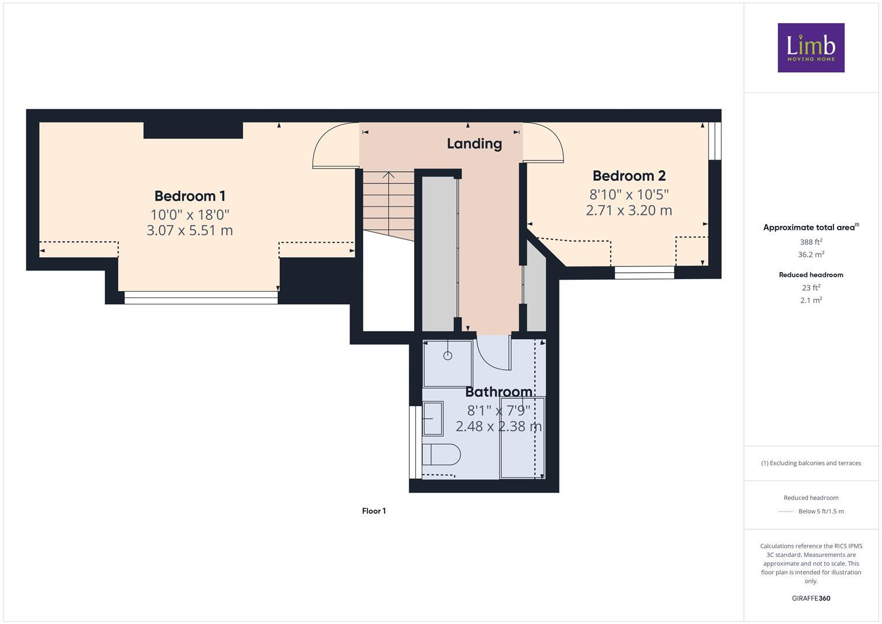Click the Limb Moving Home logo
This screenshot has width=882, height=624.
810,48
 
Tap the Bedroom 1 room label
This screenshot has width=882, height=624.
189,196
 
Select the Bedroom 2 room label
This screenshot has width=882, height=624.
629,176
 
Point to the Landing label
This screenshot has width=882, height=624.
474,143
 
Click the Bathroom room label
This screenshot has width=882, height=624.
498,392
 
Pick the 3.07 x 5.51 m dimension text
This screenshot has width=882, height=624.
189,231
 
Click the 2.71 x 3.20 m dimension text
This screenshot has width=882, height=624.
629,210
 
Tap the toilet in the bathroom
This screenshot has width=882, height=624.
440,454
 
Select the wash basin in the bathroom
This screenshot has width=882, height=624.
433,419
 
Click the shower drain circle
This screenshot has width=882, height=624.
448,356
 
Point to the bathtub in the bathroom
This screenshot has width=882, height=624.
522,437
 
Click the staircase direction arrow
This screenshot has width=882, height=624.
389,175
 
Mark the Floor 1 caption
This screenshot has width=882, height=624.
374,511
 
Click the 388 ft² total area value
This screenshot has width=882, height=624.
810,242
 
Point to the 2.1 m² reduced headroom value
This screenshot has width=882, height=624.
810,300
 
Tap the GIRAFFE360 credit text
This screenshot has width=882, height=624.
810,598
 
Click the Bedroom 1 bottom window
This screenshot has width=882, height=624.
201,298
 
